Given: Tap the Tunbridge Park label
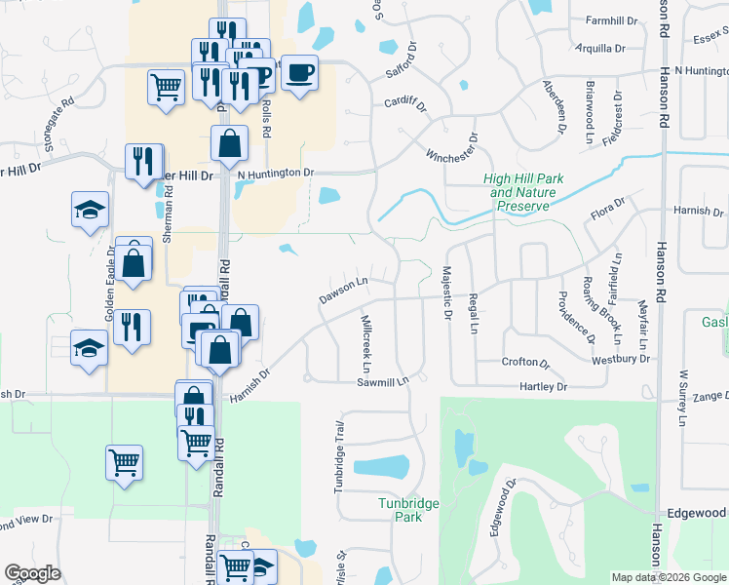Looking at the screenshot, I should (x=409, y=510).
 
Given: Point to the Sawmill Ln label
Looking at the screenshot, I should (x=380, y=382).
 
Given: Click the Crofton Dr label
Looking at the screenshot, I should (x=526, y=362).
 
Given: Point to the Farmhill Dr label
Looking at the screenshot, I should (x=611, y=20).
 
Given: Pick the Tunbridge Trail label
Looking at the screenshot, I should (x=340, y=456).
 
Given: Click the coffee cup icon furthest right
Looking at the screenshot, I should (x=300, y=70).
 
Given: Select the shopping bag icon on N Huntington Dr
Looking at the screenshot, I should (x=228, y=143).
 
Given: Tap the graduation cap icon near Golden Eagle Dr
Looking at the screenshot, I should (x=90, y=210).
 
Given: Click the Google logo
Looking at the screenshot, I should (x=32, y=573).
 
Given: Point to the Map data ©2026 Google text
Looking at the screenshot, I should (x=669, y=577).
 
